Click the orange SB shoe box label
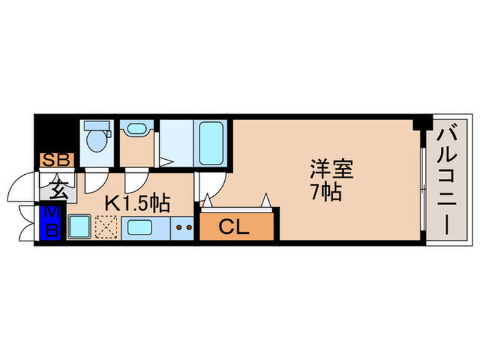[x=54, y=160]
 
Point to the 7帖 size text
[x=325, y=192]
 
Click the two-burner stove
[x=183, y=227]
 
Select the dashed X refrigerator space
[x=107, y=226]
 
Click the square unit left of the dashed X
[x=81, y=226]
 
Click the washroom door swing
[x=134, y=180]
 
